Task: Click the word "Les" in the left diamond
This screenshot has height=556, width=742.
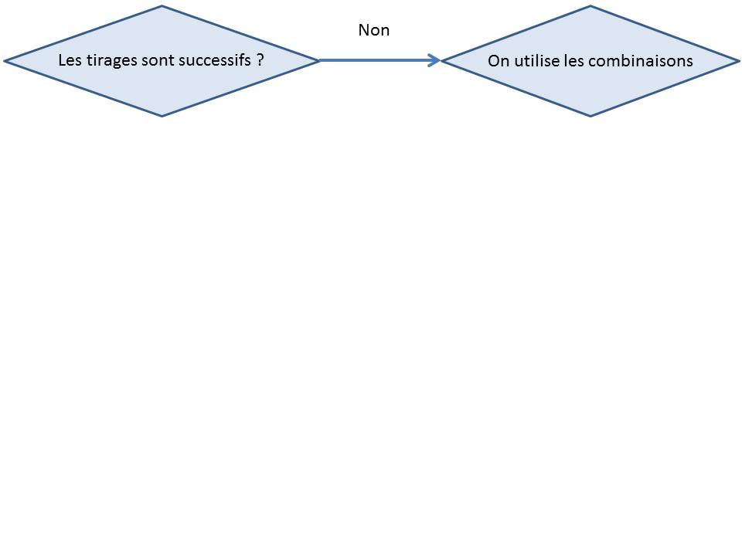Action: point(70,60)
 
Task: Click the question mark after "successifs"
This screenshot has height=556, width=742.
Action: point(260,60)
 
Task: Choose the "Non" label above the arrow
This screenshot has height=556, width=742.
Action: point(374,30)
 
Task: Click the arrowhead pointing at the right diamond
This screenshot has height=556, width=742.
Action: point(434,60)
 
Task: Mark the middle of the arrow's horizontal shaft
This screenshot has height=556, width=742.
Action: point(380,60)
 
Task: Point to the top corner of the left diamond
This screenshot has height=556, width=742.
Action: point(162,6)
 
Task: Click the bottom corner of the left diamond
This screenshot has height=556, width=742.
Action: point(162,116)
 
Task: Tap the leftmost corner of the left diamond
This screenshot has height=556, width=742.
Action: point(5,61)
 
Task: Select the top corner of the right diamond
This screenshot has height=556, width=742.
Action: point(590,6)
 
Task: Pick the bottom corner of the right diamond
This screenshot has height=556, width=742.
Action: point(590,116)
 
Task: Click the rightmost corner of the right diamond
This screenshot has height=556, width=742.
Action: point(739,61)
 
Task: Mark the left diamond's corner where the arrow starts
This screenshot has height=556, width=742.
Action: point(319,60)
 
